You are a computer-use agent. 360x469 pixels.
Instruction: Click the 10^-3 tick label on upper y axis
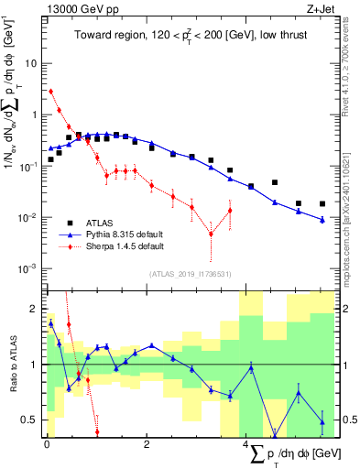coord(29,268)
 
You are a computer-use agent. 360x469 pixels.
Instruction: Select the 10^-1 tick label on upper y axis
coord(29,167)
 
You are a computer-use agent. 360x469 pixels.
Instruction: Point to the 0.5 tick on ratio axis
coord(30,420)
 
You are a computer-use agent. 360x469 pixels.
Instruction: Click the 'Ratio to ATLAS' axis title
coord(11,364)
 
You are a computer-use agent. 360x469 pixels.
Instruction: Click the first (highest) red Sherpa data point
coord(50,91)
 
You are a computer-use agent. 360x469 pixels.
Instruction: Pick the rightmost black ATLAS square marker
coord(322,203)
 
